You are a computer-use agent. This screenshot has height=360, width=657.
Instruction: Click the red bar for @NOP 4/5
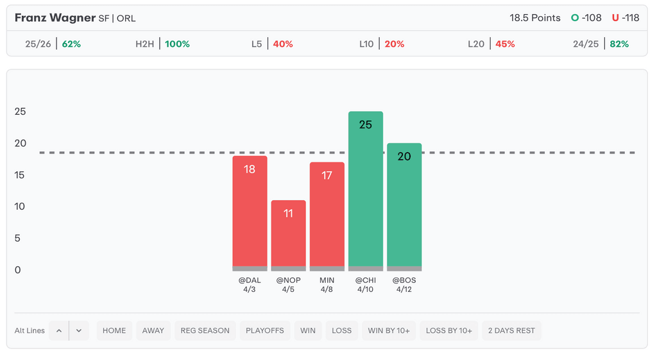(x=288, y=235)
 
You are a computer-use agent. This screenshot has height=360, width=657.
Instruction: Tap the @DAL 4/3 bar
(x=250, y=212)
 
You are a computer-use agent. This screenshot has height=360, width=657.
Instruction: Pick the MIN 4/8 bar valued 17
(x=327, y=216)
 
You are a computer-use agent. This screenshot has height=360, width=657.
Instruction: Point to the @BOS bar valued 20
(x=404, y=206)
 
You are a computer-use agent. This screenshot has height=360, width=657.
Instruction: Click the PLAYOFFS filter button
(x=264, y=330)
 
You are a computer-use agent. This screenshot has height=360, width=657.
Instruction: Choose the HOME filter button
(x=114, y=330)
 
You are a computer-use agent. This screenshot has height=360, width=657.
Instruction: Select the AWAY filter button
(x=153, y=330)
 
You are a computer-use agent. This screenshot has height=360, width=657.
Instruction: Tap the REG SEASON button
(x=205, y=330)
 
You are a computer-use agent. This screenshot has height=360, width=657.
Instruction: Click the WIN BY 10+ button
(x=389, y=330)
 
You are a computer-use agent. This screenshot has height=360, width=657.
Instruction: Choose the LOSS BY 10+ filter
(x=449, y=330)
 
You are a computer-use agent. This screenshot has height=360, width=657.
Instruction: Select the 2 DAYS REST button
(x=511, y=330)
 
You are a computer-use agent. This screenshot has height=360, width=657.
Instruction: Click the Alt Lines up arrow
(x=59, y=330)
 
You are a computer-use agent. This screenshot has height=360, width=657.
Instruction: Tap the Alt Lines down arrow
(x=79, y=330)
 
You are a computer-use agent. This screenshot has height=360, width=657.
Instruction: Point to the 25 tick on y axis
(x=21, y=112)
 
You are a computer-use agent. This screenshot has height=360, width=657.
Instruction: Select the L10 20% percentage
(x=395, y=44)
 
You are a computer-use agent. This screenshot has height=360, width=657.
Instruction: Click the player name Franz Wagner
(x=55, y=18)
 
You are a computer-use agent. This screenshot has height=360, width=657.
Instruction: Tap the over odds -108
(x=591, y=18)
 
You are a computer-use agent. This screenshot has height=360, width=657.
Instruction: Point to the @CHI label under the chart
(x=365, y=280)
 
